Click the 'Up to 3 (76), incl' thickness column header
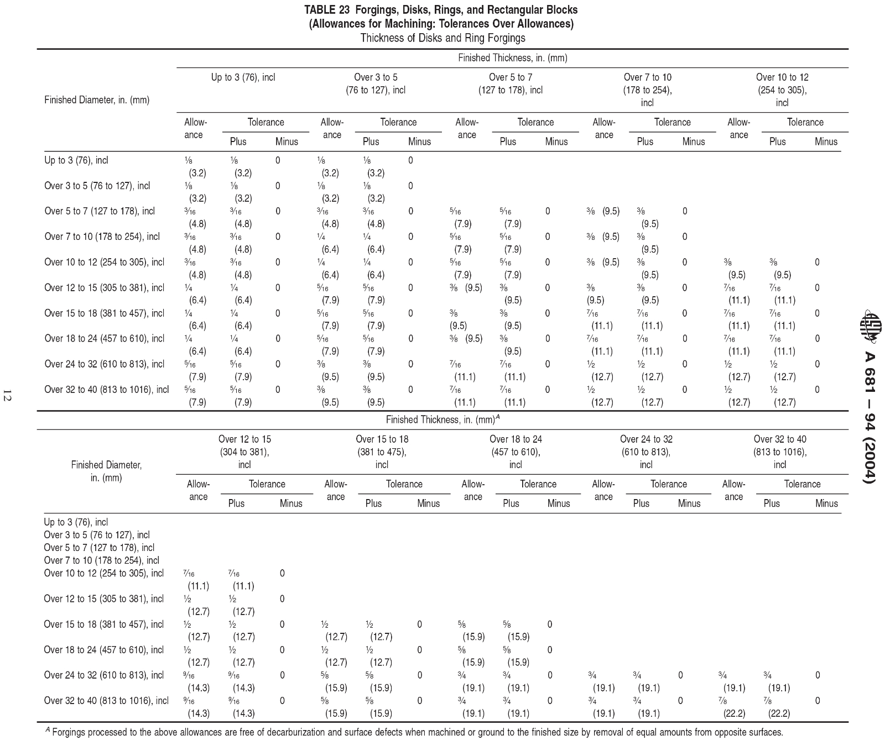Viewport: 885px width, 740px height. coord(243,77)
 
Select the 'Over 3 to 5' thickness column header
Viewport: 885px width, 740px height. coord(376,83)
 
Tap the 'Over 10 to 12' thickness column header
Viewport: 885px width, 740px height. coord(782,90)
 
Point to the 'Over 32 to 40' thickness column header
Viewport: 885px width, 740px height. coord(779,452)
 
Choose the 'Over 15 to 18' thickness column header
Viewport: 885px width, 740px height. coord(382,452)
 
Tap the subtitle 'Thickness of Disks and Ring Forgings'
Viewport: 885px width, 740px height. coord(442,38)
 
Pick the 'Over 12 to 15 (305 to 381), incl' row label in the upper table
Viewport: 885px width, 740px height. coord(104,287)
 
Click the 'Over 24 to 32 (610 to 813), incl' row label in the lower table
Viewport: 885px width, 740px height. coord(104,675)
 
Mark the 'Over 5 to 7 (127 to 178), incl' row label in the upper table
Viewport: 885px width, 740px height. coord(100,211)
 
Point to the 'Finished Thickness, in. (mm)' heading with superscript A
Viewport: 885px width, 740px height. coord(442,419)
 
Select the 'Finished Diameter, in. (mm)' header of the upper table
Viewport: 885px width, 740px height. coord(97,100)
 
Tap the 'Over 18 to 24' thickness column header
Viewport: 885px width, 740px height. coord(516,452)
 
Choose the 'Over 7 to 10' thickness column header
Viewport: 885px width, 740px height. coord(647,90)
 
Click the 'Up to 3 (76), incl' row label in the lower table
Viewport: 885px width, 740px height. coord(76,522)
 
